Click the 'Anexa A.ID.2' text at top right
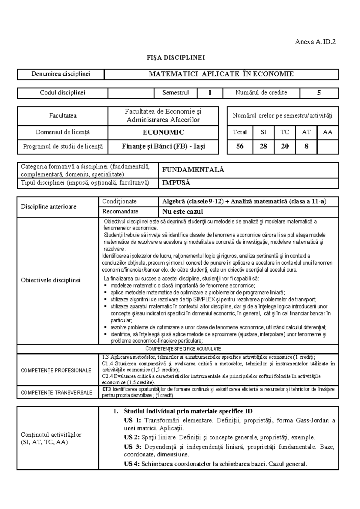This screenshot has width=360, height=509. pos(315,42)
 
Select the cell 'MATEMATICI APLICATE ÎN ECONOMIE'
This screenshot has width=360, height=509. pos(221,74)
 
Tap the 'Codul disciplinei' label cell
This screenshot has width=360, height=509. pos(62,93)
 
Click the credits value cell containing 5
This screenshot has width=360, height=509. pos(319,93)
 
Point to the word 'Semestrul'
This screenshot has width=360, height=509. pos(175,93)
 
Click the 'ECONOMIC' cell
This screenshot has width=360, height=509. pos(163,132)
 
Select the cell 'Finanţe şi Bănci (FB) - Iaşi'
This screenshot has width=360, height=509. pos(163,146)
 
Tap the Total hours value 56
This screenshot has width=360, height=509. pos(240,146)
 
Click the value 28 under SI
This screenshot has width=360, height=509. pos(263,146)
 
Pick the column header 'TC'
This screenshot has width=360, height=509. pos(284,132)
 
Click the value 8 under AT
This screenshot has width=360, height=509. pos(306,146)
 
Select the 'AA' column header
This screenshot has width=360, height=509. pos(328,132)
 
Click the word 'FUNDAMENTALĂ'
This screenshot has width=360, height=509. pos(193,170)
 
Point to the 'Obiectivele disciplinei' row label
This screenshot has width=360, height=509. pos(51,280)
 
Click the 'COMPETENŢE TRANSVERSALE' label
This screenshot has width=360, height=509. pos(57,392)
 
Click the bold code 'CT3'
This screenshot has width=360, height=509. pos(106,389)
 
